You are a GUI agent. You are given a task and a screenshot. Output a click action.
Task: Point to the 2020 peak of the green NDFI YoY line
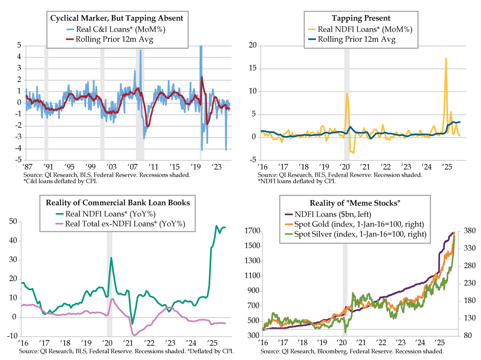click(111, 258)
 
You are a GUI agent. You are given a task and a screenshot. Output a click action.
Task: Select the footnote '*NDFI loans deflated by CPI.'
click(297, 181)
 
